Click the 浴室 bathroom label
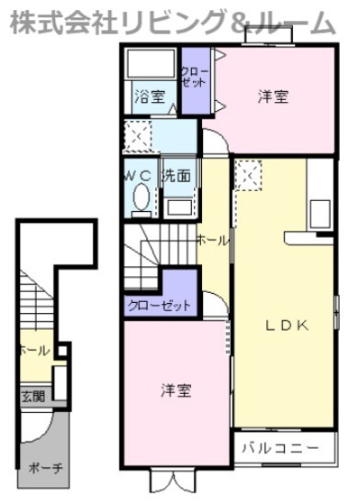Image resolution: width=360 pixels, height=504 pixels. tap(149, 96)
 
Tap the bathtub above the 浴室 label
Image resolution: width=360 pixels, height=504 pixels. tap(150, 64)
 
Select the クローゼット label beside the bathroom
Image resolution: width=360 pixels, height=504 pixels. tap(194, 77)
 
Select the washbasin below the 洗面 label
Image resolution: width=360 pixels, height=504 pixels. tap(178, 204)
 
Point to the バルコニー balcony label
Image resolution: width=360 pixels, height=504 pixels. tap(281, 448)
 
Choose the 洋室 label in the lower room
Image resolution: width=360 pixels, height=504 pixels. tap(175, 390)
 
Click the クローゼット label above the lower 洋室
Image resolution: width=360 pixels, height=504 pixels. tap(160, 305)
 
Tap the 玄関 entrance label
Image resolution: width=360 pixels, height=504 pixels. tap(31, 397)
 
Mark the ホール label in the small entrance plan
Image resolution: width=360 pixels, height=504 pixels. tap(33, 351)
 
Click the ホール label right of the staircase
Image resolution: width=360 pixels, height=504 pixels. tap(212, 240)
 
